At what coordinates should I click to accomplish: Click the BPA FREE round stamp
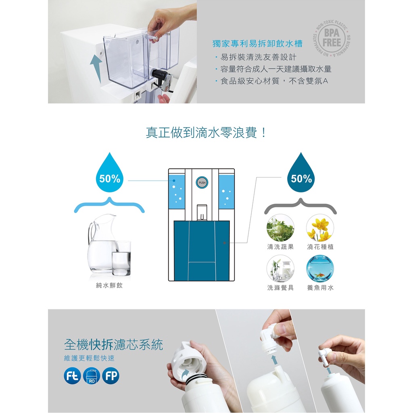pos(332,38)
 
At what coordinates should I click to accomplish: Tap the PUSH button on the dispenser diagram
pos(202,183)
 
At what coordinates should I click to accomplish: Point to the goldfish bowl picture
pos(320,269)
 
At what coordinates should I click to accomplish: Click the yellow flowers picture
pos(320,228)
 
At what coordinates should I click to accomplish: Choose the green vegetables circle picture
pos(280,228)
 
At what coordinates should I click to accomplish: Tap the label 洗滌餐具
pos(280,288)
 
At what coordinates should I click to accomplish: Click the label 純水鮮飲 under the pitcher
pos(109,285)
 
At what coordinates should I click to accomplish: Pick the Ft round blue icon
pos(73,375)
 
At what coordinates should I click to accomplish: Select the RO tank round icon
pos(92,375)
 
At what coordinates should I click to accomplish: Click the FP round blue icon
pos(111,375)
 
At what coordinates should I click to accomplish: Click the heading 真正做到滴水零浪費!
pos(206,132)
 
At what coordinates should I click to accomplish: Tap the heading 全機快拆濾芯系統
pos(113,344)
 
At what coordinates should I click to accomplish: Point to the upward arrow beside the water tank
pos(96,69)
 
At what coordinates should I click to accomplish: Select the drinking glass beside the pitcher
pos(121,259)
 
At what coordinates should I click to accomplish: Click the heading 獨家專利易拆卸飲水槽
pos(257,44)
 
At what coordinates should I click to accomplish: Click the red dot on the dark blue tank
pos(224,243)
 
